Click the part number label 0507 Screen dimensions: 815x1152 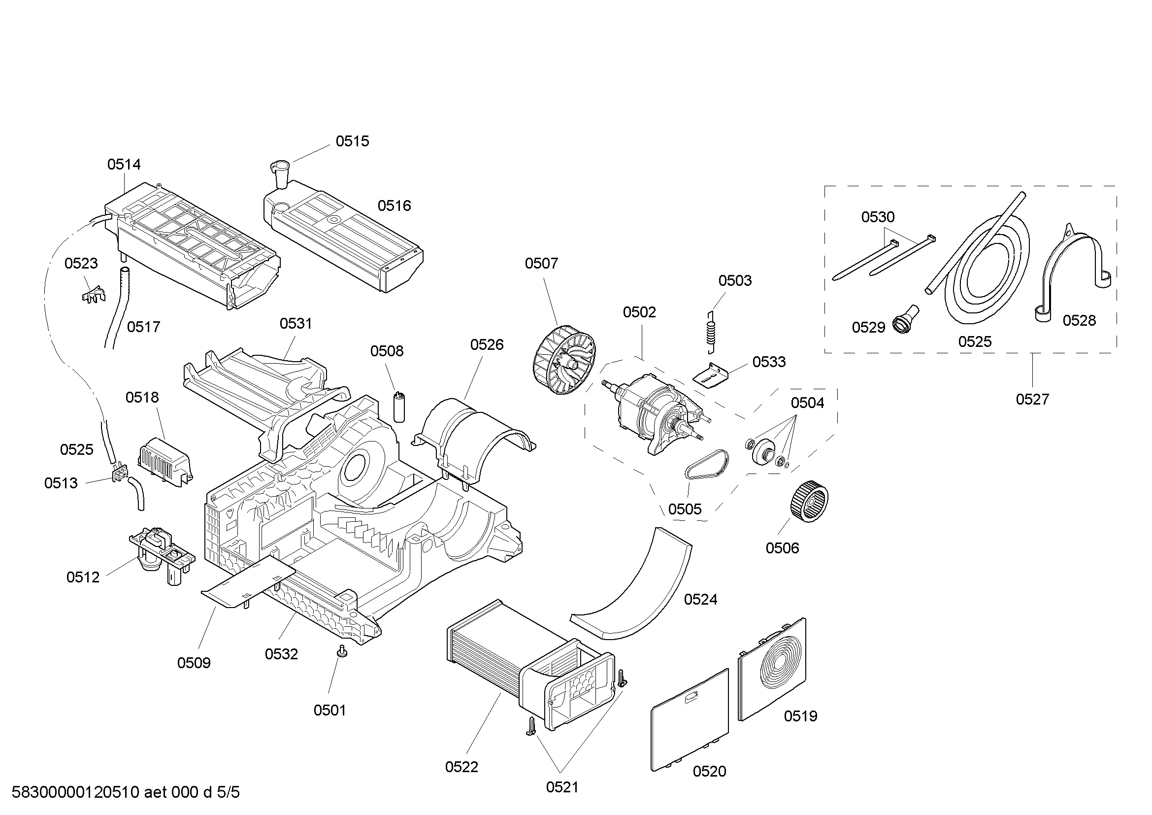[541, 264]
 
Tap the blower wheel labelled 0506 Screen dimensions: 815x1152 [808, 501]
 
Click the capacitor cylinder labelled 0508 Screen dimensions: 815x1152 [399, 407]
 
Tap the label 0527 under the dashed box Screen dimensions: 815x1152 [1032, 400]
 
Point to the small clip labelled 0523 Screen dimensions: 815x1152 [93, 295]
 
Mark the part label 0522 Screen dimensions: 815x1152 [461, 767]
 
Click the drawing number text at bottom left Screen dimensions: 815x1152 [126, 792]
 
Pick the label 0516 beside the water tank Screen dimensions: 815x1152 [394, 206]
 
